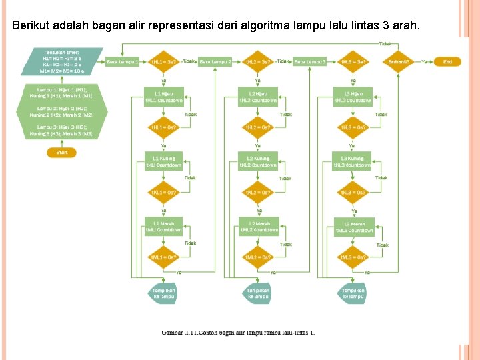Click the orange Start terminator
point(62,153)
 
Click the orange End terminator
point(448,61)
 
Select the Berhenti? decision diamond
point(399,61)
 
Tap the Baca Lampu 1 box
point(123,61)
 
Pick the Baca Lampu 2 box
point(215,61)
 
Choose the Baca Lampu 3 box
point(310,61)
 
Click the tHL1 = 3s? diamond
point(163,61)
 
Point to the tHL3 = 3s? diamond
point(353,61)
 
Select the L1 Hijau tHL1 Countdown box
point(163,97)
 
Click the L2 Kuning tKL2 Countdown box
point(258,162)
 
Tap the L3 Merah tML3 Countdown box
point(353,227)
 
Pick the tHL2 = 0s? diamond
point(258,127)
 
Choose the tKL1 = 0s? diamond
point(163,193)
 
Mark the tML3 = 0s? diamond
point(353,257)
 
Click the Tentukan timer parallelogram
point(62,61)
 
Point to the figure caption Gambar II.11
point(238,332)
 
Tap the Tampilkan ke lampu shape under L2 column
point(258,293)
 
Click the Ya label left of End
point(424,61)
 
